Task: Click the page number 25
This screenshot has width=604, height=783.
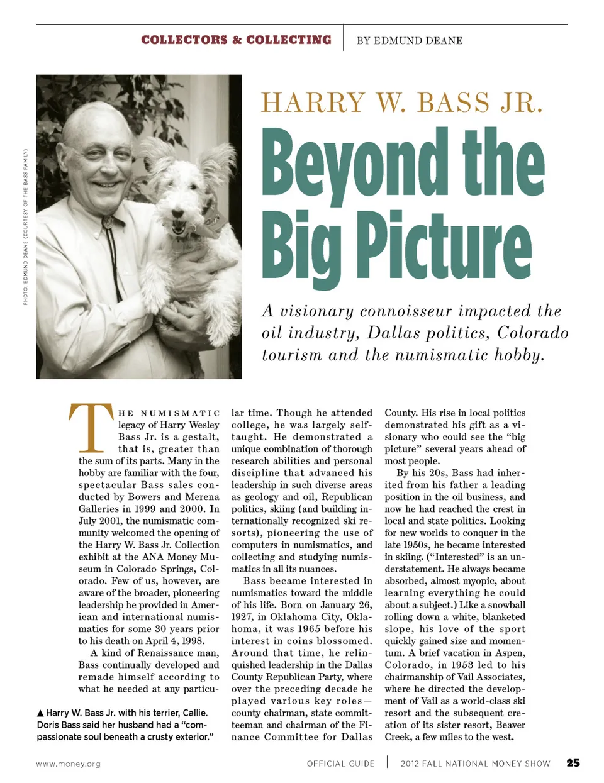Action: pos(573,763)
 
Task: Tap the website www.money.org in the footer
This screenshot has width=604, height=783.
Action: pos(68,764)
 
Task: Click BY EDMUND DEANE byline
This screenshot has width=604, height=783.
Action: pos(410,41)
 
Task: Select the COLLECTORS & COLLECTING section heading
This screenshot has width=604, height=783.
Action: pos(236,40)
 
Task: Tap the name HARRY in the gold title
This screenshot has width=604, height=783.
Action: pos(313,103)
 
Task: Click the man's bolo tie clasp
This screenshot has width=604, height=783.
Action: pos(109,222)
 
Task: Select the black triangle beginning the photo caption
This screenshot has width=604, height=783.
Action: pos(40,713)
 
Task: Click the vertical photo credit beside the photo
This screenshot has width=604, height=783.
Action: pos(26,226)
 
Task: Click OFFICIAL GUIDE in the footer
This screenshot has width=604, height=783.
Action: pos(340,764)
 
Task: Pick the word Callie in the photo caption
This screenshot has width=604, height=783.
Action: pos(193,713)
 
